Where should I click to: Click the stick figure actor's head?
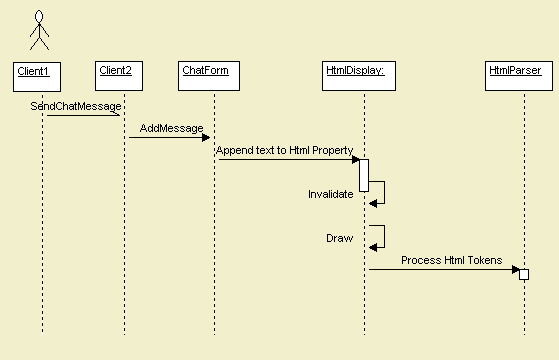40,17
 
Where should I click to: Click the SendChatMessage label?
83,105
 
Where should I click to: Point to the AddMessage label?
171,128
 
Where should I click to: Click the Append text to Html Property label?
284,150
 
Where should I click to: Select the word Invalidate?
330,194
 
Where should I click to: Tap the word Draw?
339,238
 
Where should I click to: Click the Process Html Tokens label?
451,260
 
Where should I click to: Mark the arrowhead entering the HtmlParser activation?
514,269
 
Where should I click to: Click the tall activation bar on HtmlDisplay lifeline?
364,175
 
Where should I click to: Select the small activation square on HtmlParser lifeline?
523,274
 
